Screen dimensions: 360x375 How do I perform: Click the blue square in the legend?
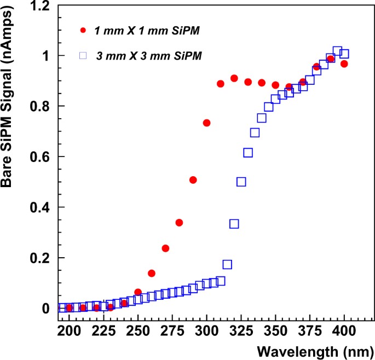click(83, 55)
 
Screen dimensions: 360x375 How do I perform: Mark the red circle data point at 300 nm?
click(206, 123)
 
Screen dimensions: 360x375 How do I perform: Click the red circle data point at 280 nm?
click(179, 223)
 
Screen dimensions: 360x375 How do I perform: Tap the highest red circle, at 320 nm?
click(234, 78)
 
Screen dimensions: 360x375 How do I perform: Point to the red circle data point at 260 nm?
click(152, 273)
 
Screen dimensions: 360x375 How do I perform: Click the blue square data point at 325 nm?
click(241, 182)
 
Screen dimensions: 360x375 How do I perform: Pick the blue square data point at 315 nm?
click(227, 264)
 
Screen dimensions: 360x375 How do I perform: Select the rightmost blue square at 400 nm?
click(344, 54)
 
